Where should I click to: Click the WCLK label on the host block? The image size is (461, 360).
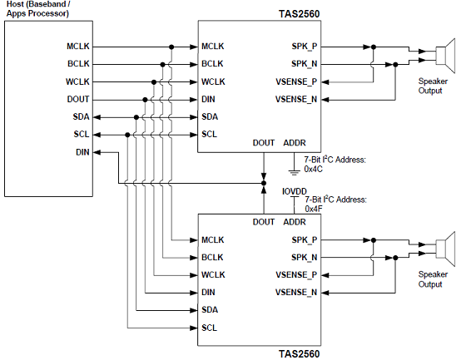77,81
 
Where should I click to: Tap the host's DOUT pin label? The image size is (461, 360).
78,99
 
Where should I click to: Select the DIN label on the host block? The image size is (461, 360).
82,152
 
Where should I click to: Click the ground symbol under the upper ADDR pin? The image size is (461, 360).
294,172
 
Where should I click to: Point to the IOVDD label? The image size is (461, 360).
295,191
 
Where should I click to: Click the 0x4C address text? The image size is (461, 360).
314,169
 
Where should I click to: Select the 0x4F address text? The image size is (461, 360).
314,209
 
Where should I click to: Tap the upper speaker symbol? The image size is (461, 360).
445,55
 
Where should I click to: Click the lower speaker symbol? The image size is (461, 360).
445,249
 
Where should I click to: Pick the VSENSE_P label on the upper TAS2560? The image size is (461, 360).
296,81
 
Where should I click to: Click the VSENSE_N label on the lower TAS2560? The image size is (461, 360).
296,293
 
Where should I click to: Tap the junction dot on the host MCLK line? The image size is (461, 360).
171,47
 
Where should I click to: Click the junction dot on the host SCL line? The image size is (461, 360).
127,135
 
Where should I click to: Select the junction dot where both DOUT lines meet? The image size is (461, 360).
264,183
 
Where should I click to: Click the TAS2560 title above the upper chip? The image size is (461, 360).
299,14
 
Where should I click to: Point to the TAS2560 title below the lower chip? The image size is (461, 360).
299,354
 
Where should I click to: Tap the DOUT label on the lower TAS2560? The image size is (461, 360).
264,222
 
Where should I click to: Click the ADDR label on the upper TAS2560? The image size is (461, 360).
295,143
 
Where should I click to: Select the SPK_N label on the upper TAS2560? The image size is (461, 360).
305,64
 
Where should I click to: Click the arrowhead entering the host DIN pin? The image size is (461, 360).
97,152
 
